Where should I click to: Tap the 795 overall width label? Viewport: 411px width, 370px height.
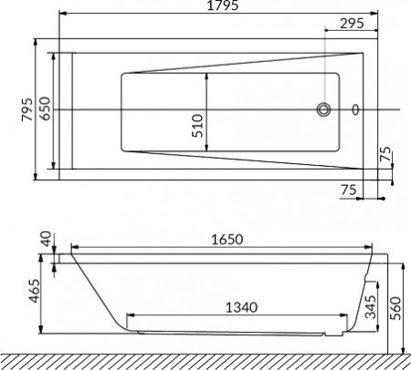pos(28,110)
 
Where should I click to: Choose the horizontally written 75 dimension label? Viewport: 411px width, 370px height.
pos(348,190)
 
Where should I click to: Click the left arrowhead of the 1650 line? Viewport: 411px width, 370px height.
pos(74,247)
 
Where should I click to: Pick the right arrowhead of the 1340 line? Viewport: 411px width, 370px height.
pos(348,317)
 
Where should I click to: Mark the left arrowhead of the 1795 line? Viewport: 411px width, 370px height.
pos(60,15)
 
